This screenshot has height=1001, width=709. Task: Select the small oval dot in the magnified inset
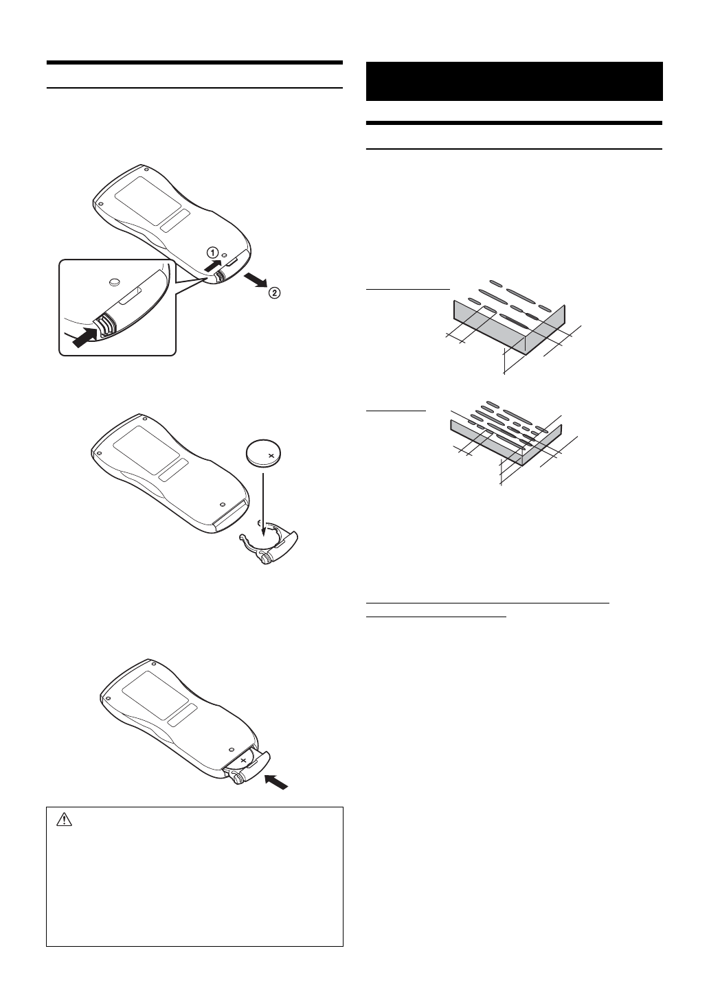pos(115,280)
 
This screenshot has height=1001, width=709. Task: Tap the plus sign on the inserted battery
pos(244,761)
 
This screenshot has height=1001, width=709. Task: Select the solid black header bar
pos(515,81)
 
